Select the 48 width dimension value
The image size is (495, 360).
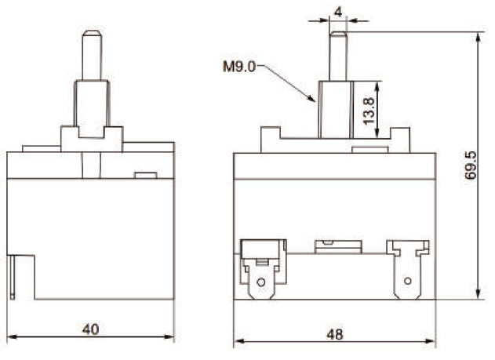tap(334, 333)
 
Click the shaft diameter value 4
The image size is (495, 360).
tap(337, 11)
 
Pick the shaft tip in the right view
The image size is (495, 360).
tap(337, 34)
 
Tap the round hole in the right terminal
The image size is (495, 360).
tap(406, 280)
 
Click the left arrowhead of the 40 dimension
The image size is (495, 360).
tap(9, 338)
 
